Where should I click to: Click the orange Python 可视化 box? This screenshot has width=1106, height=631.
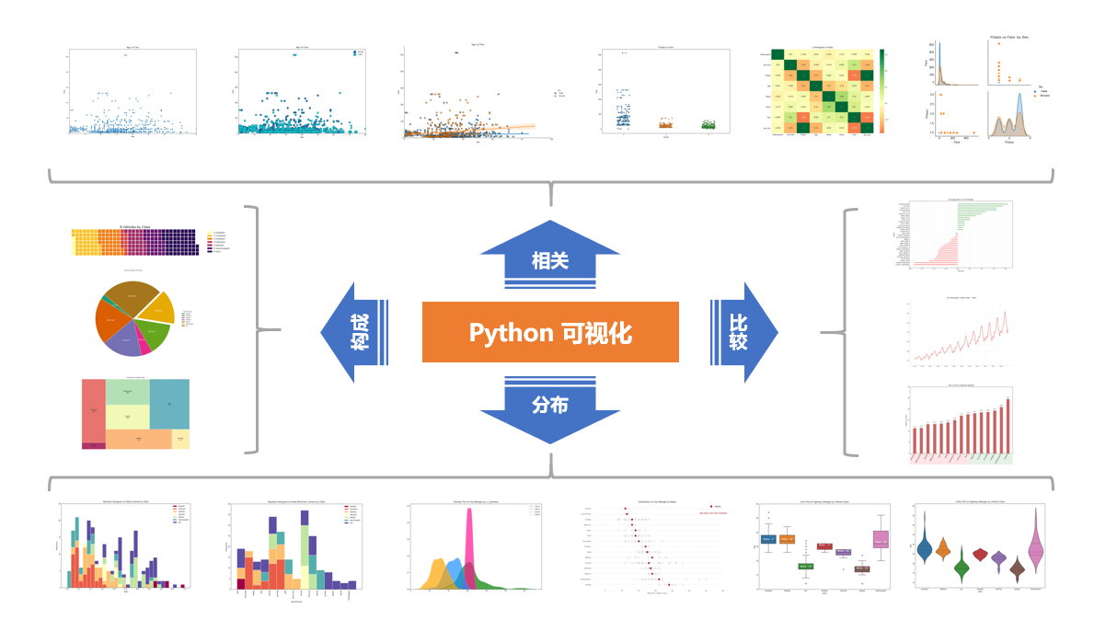(x=550, y=332)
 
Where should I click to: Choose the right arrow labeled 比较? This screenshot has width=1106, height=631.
(x=742, y=332)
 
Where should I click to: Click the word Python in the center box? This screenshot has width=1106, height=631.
(x=510, y=332)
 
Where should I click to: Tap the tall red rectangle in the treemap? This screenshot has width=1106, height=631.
(x=93, y=409)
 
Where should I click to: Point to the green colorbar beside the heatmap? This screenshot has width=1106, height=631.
(x=881, y=91)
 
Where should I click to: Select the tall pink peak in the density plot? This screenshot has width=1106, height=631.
(x=469, y=543)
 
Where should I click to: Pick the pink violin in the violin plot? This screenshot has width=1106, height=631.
(x=1036, y=551)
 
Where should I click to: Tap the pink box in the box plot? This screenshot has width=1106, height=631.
(x=881, y=541)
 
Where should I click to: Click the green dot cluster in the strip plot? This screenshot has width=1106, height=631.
(x=708, y=123)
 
